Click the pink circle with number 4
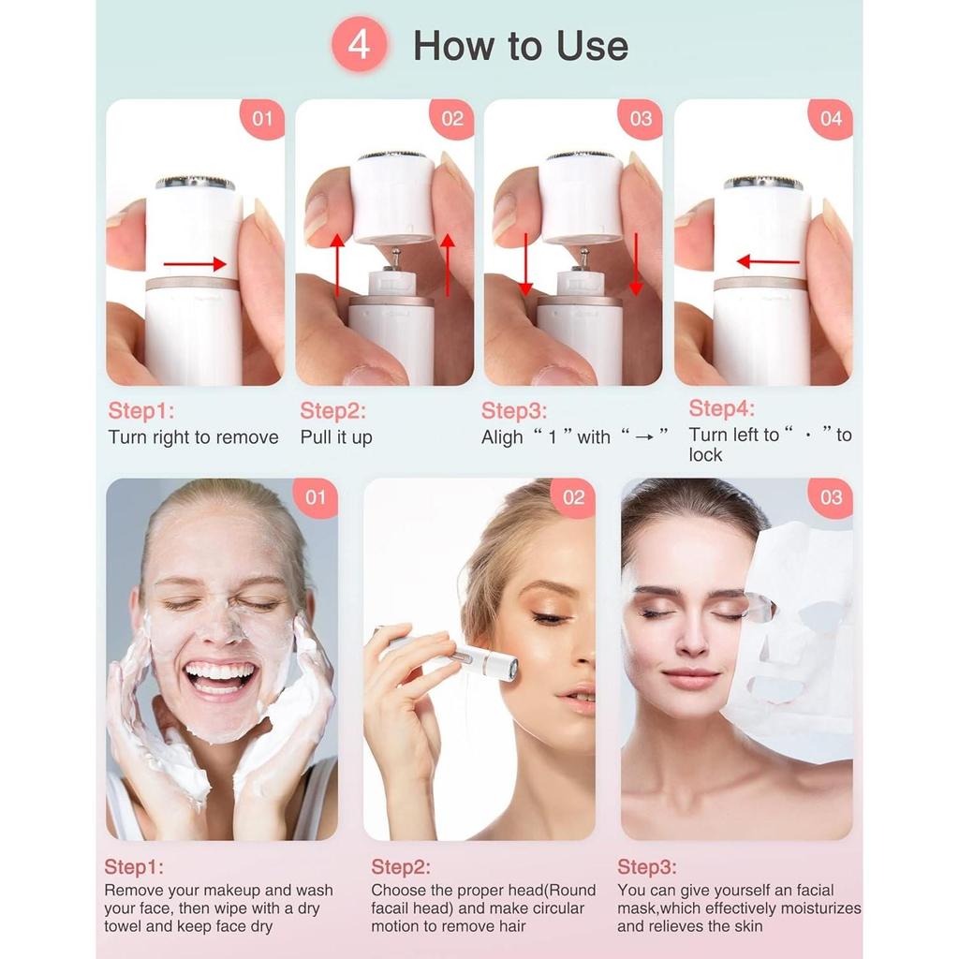click(x=361, y=46)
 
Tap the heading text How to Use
click(x=521, y=46)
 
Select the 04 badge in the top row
click(x=831, y=119)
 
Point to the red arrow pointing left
click(x=767, y=261)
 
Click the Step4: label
click(x=721, y=408)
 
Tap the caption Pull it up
click(x=336, y=437)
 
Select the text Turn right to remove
click(x=193, y=437)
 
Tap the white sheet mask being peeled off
click(x=796, y=637)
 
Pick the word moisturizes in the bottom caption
click(x=813, y=908)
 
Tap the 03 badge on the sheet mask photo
click(x=831, y=498)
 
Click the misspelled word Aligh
click(x=502, y=437)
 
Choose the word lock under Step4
click(x=705, y=455)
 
